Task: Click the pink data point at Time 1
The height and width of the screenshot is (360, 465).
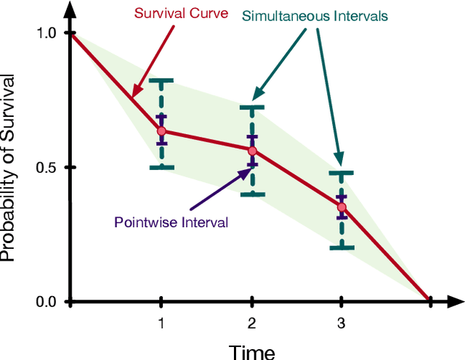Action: [x=161, y=131]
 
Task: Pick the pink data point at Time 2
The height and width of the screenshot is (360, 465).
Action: [x=252, y=151]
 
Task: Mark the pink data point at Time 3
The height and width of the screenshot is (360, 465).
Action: [x=341, y=208]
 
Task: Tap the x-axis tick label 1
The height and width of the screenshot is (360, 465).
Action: [x=161, y=322]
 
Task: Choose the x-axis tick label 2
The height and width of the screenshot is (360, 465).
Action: [x=251, y=322]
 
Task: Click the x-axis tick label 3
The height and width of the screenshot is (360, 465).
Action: [x=341, y=322]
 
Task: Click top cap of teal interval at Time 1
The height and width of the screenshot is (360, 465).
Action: [x=161, y=80]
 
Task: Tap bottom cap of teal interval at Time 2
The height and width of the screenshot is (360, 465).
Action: [x=252, y=194]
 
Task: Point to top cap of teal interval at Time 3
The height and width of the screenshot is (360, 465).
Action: [x=341, y=173]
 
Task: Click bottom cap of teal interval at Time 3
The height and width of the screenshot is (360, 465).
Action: [x=341, y=247]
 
